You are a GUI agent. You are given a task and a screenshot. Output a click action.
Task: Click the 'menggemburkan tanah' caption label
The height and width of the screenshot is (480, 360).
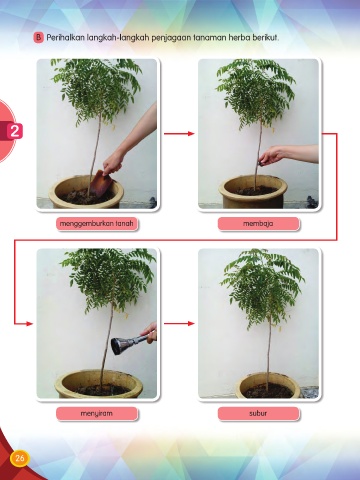(x=97, y=224)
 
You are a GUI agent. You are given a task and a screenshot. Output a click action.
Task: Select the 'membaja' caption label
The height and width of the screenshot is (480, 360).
(x=258, y=224)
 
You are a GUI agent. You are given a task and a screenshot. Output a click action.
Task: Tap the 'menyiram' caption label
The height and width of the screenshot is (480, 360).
(x=97, y=414)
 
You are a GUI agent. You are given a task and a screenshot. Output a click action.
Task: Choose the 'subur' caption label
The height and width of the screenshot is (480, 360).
(x=258, y=414)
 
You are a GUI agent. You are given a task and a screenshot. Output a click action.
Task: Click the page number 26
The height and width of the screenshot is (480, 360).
(x=20, y=458)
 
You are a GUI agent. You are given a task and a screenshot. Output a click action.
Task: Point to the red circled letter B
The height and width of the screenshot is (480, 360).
(x=38, y=38)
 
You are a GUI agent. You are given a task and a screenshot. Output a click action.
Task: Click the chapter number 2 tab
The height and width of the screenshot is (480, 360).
(x=14, y=131)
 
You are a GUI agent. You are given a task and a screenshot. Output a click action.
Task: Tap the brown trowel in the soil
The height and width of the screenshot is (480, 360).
(x=101, y=183)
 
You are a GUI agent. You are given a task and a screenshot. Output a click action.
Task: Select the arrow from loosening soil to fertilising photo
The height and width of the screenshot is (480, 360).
(x=179, y=134)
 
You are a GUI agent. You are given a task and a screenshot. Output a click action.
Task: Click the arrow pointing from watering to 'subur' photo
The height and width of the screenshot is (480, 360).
(x=179, y=323)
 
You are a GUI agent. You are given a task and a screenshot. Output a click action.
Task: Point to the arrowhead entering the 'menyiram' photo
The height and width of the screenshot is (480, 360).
(x=30, y=323)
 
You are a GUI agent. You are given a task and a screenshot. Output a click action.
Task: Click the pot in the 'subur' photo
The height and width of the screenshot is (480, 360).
(x=268, y=386)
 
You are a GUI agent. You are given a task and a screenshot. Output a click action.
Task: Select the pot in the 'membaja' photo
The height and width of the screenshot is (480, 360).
(x=253, y=192)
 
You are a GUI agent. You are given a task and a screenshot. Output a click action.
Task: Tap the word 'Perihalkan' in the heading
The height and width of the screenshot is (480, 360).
(x=65, y=37)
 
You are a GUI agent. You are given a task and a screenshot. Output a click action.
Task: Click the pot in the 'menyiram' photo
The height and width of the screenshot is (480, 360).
(x=99, y=384)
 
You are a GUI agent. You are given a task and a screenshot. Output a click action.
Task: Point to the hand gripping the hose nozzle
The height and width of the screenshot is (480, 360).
(x=150, y=332)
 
